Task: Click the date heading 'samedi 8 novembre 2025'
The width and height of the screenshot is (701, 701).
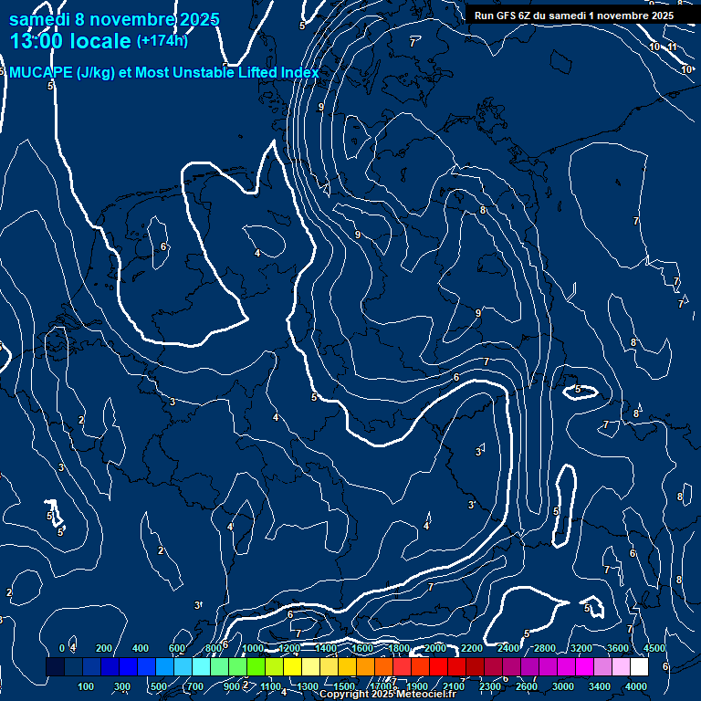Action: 114,19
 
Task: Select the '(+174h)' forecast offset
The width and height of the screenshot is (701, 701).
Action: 162,40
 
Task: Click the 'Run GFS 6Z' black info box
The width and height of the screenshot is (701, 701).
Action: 574,16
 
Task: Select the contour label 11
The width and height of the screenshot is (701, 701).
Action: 672,47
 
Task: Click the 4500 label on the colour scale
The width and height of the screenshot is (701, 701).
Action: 654,648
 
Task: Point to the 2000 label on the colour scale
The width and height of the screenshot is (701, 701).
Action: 435,648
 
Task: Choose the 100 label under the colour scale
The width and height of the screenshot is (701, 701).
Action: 87,686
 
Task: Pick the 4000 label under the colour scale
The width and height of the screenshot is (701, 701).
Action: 637,686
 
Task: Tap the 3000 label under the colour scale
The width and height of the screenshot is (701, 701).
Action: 563,686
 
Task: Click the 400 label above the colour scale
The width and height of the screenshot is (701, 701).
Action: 141,648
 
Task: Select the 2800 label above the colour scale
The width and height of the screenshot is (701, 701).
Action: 545,648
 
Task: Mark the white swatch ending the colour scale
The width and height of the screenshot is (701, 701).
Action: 639,667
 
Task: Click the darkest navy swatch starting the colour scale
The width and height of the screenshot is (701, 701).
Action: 55,667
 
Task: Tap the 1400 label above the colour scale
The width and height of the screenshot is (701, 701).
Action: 326,648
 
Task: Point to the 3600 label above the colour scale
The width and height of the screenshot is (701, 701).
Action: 618,648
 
